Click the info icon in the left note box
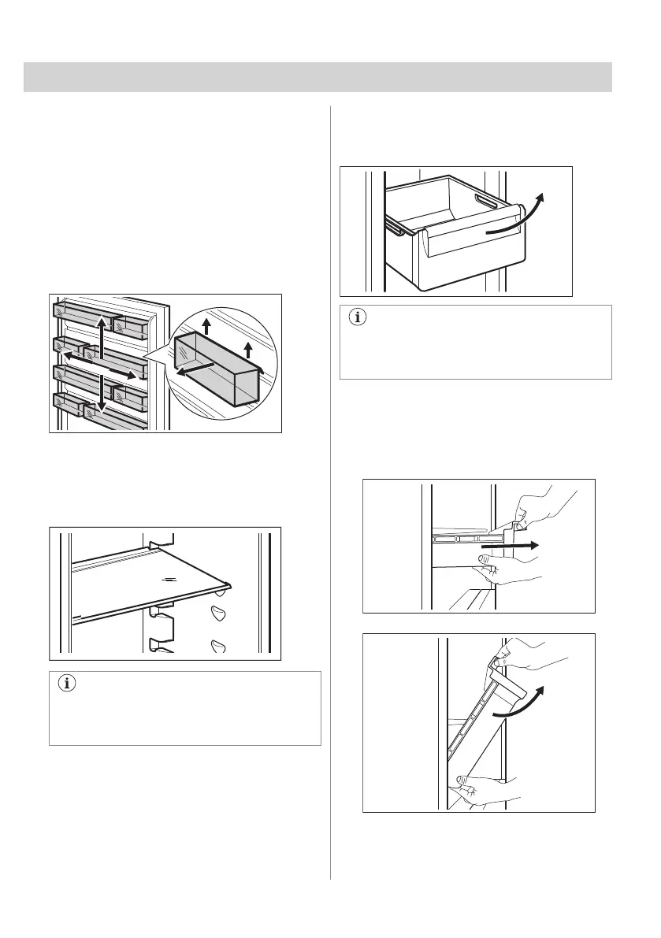67,684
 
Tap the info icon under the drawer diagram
358,317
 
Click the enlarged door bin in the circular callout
217,365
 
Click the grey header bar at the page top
318,77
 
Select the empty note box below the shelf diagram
185,708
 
